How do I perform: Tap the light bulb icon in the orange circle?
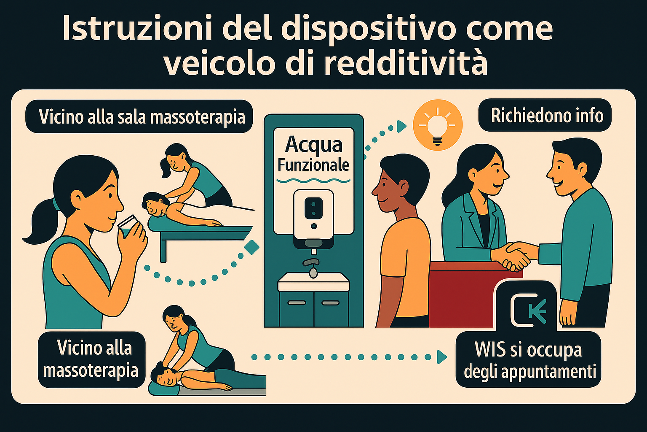pos(438,125)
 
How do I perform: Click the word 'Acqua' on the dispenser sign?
pos(313,145)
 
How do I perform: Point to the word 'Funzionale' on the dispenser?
pos(313,165)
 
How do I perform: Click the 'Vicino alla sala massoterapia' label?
pos(142,116)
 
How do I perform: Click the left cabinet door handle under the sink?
pos(296,302)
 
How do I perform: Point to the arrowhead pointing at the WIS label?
pos(441,357)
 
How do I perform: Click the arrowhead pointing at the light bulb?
pos(401,126)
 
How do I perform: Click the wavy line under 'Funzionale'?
pos(313,181)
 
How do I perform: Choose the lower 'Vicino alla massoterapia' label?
pos(91,359)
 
